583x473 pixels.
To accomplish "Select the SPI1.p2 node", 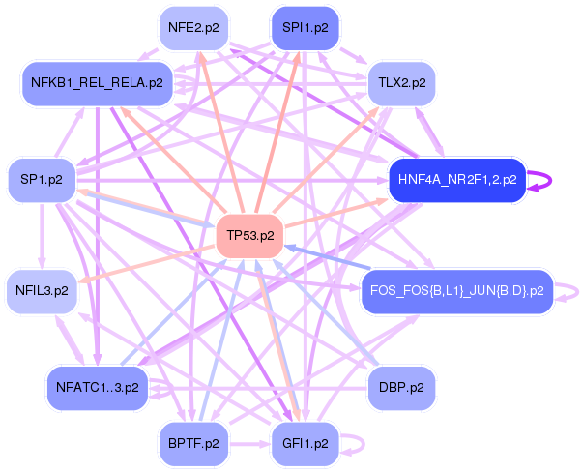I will pos(306,28).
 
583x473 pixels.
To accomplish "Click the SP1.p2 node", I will pos(41,180).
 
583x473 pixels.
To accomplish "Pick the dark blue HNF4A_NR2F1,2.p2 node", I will pos(456,179).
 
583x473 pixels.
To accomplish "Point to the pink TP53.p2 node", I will pos(249,235).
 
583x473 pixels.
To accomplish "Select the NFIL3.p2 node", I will pos(41,290).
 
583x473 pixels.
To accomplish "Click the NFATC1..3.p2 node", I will pos(97,388).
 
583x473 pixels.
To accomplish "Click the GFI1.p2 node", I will pos(306,444).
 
